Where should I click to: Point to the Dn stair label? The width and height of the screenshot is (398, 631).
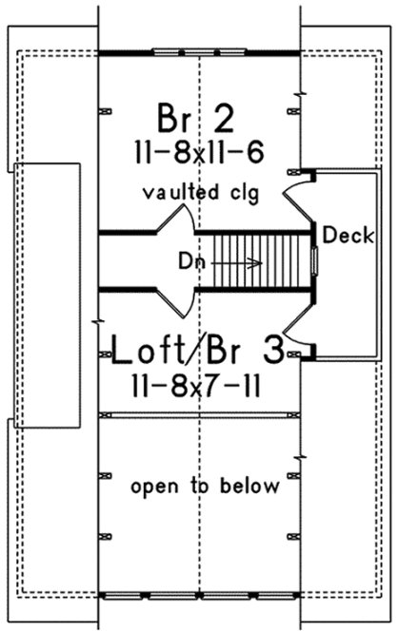[189, 258]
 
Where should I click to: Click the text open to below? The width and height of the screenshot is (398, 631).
[205, 488]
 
